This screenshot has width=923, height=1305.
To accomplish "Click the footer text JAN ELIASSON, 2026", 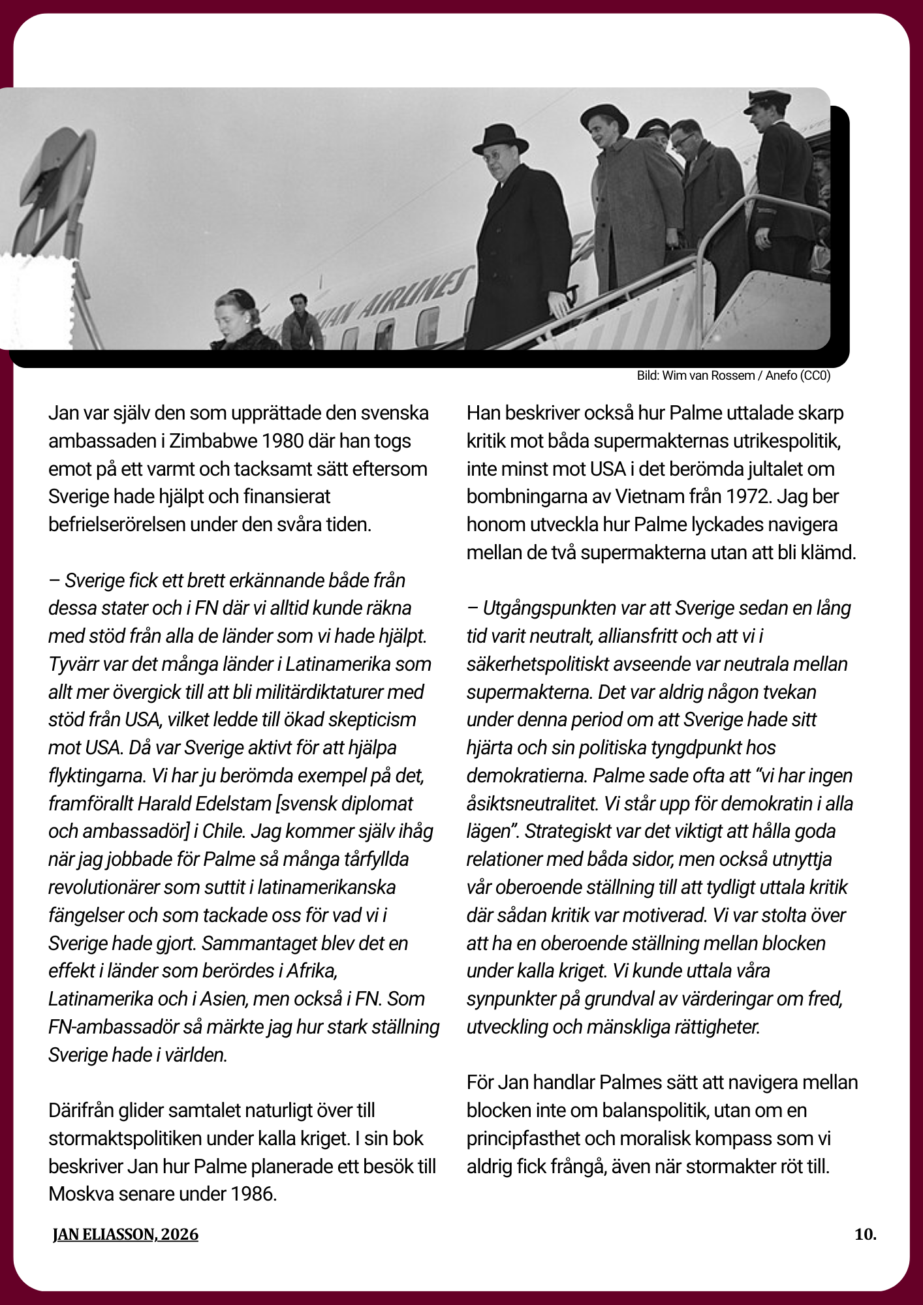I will [x=125, y=1235].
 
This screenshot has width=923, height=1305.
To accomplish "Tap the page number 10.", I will [x=865, y=1235].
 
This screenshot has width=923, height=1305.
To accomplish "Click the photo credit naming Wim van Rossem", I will [x=733, y=376].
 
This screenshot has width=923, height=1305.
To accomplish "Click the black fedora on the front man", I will [x=501, y=139].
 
